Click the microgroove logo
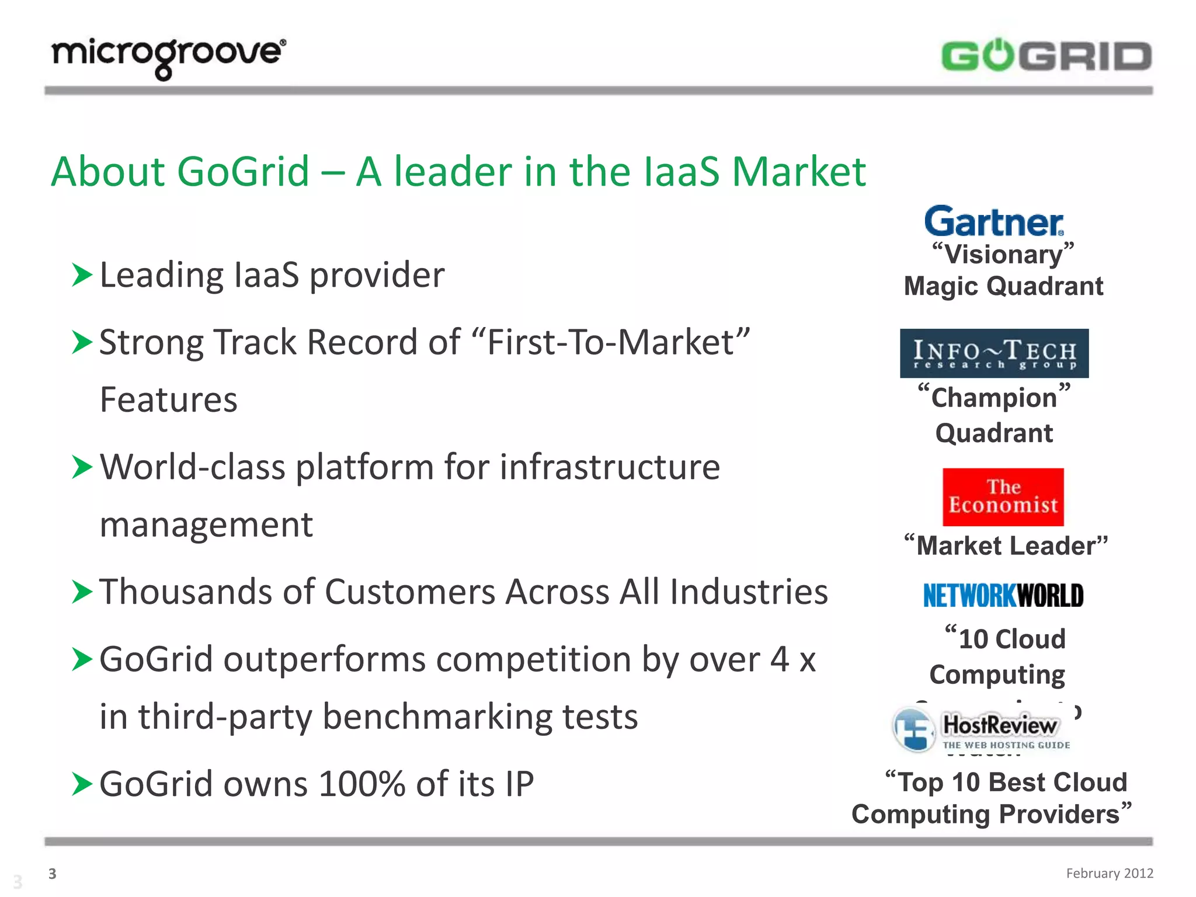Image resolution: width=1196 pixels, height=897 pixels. [x=168, y=57]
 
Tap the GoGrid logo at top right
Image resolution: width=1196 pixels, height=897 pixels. [x=1046, y=56]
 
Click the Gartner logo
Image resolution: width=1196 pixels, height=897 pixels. [x=994, y=222]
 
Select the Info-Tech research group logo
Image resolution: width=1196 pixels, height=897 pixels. [x=994, y=353]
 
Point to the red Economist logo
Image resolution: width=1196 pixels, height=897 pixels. [x=1003, y=497]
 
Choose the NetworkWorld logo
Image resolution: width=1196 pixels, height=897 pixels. [x=1003, y=596]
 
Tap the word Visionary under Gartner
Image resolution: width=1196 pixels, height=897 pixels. [x=1003, y=255]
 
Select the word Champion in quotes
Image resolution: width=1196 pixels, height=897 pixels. [x=994, y=398]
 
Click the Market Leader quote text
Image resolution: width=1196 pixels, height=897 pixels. [x=1006, y=546]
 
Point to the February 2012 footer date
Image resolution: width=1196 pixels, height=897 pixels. [x=1109, y=873]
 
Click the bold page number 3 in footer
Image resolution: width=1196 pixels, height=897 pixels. [x=53, y=874]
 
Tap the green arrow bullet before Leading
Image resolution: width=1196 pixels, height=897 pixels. [x=82, y=275]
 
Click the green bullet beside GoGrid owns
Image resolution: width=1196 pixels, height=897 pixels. [x=82, y=784]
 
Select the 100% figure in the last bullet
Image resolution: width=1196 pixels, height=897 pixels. [x=362, y=784]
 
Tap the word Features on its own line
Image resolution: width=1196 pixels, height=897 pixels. [x=168, y=400]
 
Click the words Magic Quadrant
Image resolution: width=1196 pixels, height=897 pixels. [x=1003, y=287]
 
